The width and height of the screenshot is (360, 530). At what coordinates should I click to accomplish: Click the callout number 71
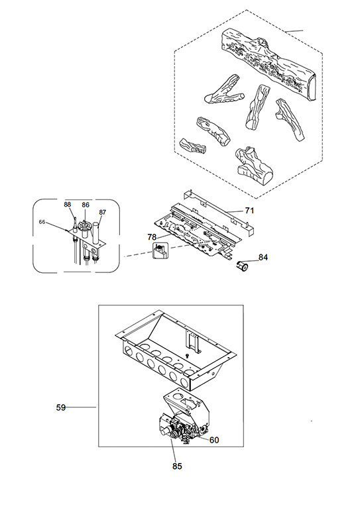[x=249, y=211]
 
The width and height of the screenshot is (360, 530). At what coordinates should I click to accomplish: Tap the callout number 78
[x=152, y=237]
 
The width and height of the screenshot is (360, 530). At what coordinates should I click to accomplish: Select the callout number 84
[x=263, y=257]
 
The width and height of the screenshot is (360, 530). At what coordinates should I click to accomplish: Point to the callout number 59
[x=60, y=407]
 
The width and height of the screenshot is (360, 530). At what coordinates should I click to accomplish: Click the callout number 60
[x=214, y=440]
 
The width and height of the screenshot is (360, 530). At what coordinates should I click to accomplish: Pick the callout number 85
[x=177, y=466]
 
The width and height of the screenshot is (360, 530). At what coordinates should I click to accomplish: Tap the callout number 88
[x=68, y=204]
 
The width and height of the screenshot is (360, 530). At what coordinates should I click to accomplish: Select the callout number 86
[x=86, y=205]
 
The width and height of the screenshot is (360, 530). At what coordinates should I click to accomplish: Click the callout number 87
[x=103, y=212]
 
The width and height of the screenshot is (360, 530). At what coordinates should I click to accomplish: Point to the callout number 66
[x=42, y=222]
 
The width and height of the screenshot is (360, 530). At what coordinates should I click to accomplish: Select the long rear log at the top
[x=269, y=64]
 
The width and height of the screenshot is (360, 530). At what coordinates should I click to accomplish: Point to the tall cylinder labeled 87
[x=95, y=233]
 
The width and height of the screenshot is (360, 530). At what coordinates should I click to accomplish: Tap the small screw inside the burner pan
[x=187, y=356]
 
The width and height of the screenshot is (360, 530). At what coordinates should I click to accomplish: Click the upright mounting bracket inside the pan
[x=192, y=341]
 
